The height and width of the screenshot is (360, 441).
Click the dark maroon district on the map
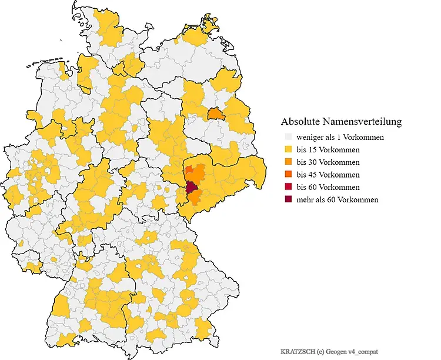[192, 188]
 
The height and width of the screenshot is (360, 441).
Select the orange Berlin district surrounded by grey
[216, 114]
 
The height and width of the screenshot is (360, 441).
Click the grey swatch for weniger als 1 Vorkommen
[288, 137]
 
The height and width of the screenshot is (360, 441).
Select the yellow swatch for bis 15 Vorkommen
[288, 149]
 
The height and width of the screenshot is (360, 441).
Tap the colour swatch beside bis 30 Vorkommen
[288, 162]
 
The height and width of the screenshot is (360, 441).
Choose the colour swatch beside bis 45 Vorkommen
[288, 175]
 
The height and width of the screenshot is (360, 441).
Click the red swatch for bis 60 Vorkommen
[288, 187]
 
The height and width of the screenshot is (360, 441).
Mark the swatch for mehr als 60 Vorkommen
[288, 199]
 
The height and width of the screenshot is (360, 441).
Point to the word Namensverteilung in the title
[364, 122]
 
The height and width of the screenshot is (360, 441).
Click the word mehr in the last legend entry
[306, 199]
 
